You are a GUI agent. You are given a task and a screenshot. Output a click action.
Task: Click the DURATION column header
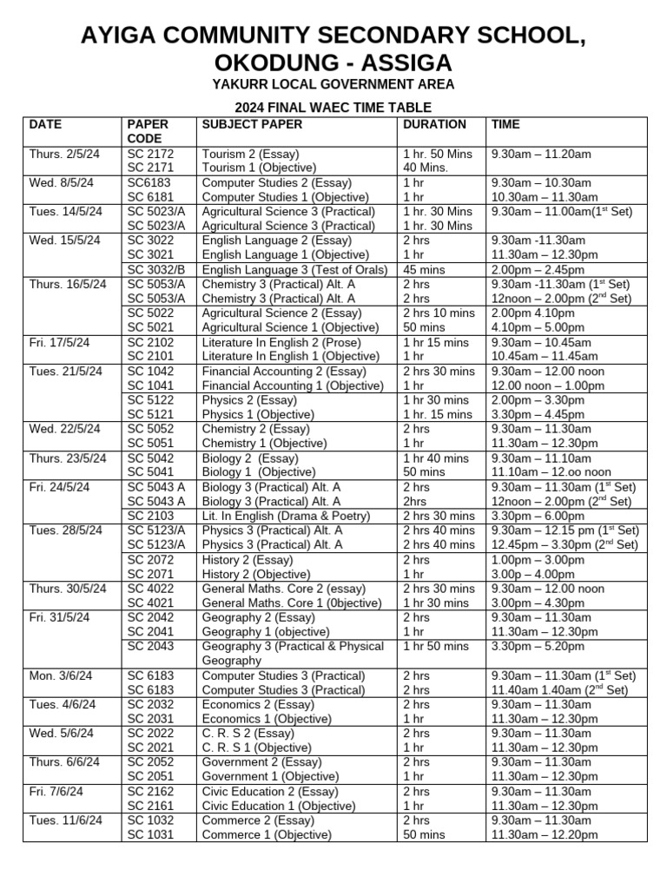(x=434, y=124)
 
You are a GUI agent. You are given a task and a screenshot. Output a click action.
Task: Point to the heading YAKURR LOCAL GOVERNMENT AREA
(x=333, y=85)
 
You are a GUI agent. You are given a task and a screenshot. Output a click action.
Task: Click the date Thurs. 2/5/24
(x=64, y=154)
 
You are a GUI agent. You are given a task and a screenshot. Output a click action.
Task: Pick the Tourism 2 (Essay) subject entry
(x=250, y=154)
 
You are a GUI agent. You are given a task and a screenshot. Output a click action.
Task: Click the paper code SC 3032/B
(x=156, y=269)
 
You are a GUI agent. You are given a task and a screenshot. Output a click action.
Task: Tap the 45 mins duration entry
(x=424, y=269)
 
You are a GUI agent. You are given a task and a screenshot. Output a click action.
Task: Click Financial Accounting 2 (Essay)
(x=284, y=371)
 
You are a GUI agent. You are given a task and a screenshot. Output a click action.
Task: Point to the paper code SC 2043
(x=149, y=646)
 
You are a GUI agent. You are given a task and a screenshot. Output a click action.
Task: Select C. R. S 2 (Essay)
(x=248, y=733)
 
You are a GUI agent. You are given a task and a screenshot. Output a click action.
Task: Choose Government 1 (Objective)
(x=270, y=776)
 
